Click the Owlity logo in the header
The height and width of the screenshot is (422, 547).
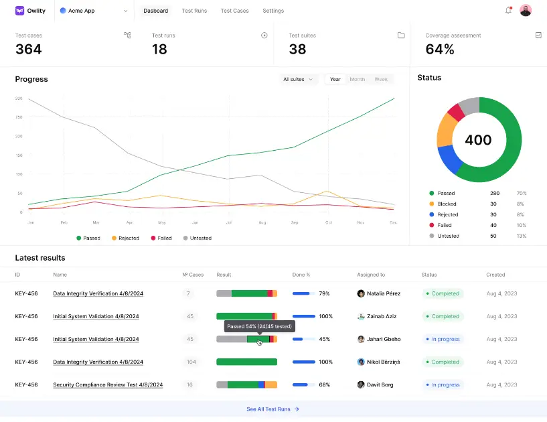pos(31,11)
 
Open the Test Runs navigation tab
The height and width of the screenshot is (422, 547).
pos(194,11)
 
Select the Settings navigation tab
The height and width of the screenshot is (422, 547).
pos(273,11)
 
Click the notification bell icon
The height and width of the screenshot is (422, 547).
pos(508,11)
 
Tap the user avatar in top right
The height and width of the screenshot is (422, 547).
pos(526,11)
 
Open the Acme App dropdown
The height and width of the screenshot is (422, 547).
pos(94,11)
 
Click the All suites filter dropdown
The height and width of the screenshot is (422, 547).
pos(298,79)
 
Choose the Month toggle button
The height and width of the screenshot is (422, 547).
pos(358,79)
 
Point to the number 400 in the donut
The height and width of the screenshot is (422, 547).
pos(478,140)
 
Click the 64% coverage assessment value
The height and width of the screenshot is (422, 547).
pos(440,49)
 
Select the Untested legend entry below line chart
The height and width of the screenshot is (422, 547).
pos(198,238)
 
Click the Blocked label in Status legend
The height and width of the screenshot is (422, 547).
pos(447,204)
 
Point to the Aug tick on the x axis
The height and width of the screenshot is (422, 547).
pos(262,222)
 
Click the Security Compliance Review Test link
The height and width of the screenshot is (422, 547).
pos(108,384)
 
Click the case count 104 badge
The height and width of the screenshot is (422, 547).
pos(191,362)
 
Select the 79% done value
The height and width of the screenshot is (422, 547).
pos(324,293)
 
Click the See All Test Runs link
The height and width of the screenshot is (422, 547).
pos(272,409)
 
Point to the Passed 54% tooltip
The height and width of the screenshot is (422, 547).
pos(258,326)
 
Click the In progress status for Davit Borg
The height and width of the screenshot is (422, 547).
pos(445,384)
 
